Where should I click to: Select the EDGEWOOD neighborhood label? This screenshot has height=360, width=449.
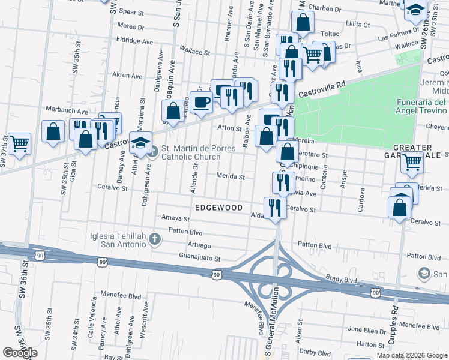tap(218, 208)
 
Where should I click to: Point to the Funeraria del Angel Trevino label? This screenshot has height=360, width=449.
tap(421, 106)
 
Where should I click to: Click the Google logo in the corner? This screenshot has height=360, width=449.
tap(20, 353)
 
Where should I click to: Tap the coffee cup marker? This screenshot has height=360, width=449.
tap(202, 102)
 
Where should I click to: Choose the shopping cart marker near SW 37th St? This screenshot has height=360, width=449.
tap(19, 144)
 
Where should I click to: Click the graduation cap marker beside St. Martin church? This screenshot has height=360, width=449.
tap(140, 144)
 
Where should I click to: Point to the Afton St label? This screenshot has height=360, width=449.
tap(229, 128)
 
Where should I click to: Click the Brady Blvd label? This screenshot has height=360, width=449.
tap(342, 280)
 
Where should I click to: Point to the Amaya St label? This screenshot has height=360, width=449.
tap(175, 218)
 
